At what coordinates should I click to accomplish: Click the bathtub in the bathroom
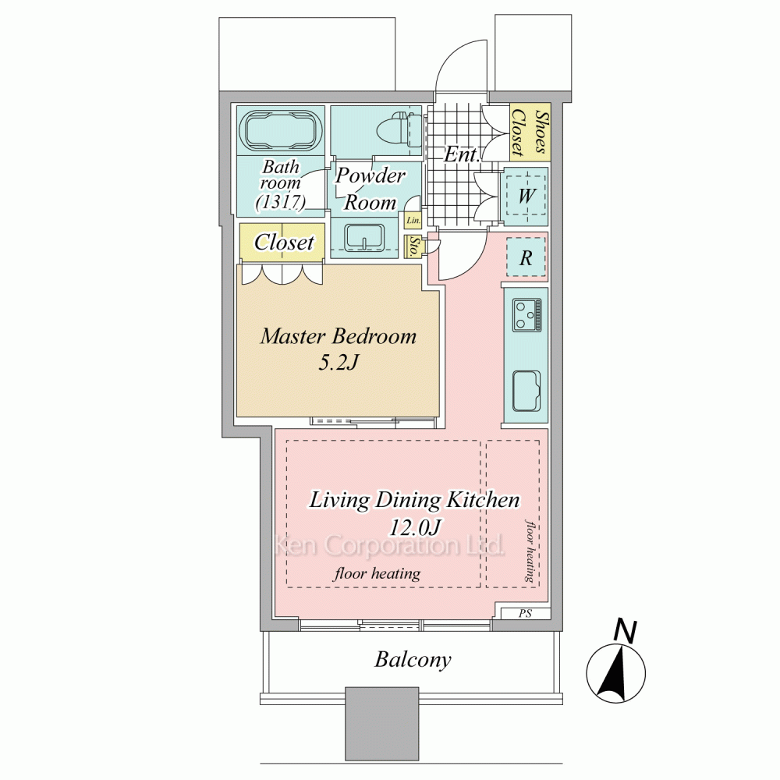[280, 130]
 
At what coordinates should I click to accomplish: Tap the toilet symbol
[398, 130]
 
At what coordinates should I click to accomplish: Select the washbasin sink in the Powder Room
[364, 237]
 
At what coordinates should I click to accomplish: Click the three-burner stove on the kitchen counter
[527, 315]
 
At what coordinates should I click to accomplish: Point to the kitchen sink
[526, 391]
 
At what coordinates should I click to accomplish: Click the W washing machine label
[526, 196]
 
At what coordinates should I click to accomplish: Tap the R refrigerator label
[526, 258]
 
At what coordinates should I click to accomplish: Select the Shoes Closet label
[530, 133]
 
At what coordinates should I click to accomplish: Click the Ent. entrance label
[462, 154]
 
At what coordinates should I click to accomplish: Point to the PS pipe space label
[525, 613]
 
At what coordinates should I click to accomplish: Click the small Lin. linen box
[413, 221]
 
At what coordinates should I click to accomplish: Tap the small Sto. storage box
[413, 246]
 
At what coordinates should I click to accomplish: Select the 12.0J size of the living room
[414, 527]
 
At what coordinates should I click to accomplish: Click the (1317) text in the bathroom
[280, 202]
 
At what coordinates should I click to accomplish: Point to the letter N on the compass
[626, 630]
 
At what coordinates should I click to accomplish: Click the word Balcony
[413, 660]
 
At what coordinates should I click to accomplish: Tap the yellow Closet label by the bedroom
[284, 243]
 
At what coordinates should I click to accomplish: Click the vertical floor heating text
[530, 551]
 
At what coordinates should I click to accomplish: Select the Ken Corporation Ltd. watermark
[391, 545]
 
